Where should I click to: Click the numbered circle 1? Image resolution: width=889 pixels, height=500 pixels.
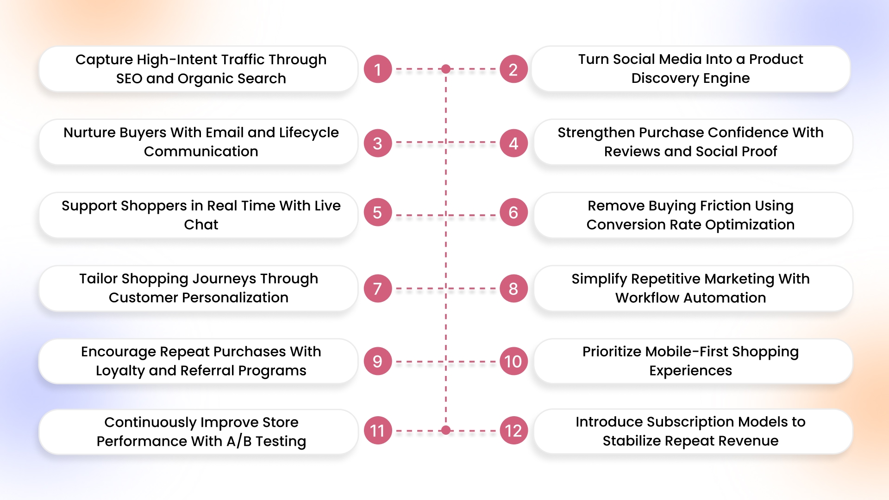point(378,69)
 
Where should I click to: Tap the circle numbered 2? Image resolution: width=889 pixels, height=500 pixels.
point(513,69)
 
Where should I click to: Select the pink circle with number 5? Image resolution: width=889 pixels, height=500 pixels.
point(378,212)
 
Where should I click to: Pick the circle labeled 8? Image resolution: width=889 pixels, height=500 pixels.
point(513,288)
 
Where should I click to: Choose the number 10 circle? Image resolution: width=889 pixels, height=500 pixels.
point(513,361)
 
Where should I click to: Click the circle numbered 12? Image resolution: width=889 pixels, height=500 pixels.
point(513,431)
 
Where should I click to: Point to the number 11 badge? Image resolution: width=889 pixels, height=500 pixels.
point(378,431)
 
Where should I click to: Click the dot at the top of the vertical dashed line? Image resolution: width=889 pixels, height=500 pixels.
point(446,69)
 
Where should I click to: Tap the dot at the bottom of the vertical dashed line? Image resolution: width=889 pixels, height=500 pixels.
point(446,431)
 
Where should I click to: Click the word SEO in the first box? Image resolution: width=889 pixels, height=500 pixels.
point(129,79)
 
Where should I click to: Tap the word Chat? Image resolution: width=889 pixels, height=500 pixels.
point(201,225)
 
